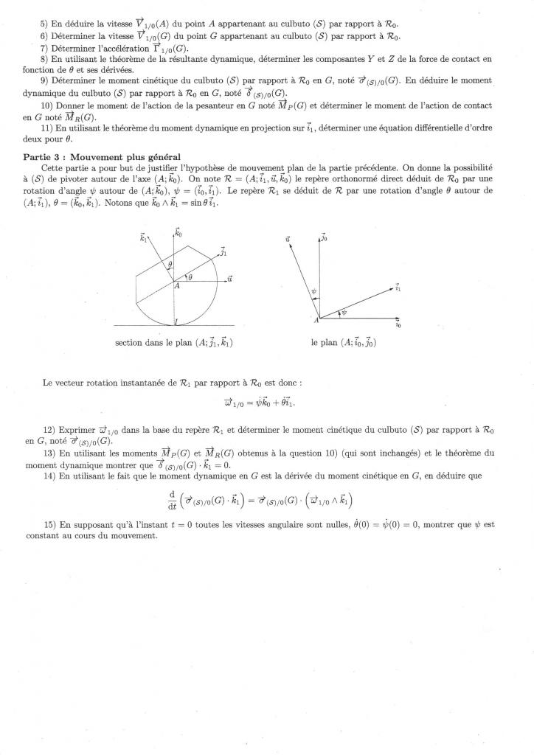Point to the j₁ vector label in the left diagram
coord(222,252)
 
